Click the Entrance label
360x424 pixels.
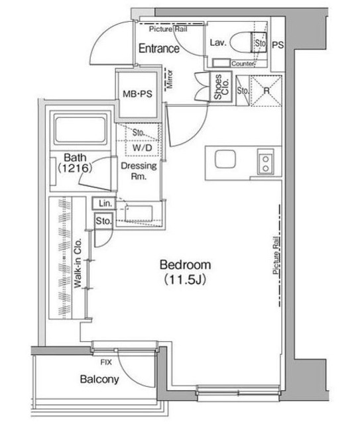coord(158,48)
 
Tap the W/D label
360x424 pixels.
coord(141,148)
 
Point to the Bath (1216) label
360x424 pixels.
coord(73,163)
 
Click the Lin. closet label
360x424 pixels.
coord(105,203)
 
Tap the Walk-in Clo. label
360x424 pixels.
coord(78,263)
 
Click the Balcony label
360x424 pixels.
coord(99,380)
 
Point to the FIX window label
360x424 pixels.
coord(105,363)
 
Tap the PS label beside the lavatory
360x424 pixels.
coord(278,46)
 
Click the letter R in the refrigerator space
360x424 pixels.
coord(265,91)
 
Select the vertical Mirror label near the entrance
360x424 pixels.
coord(170,78)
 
